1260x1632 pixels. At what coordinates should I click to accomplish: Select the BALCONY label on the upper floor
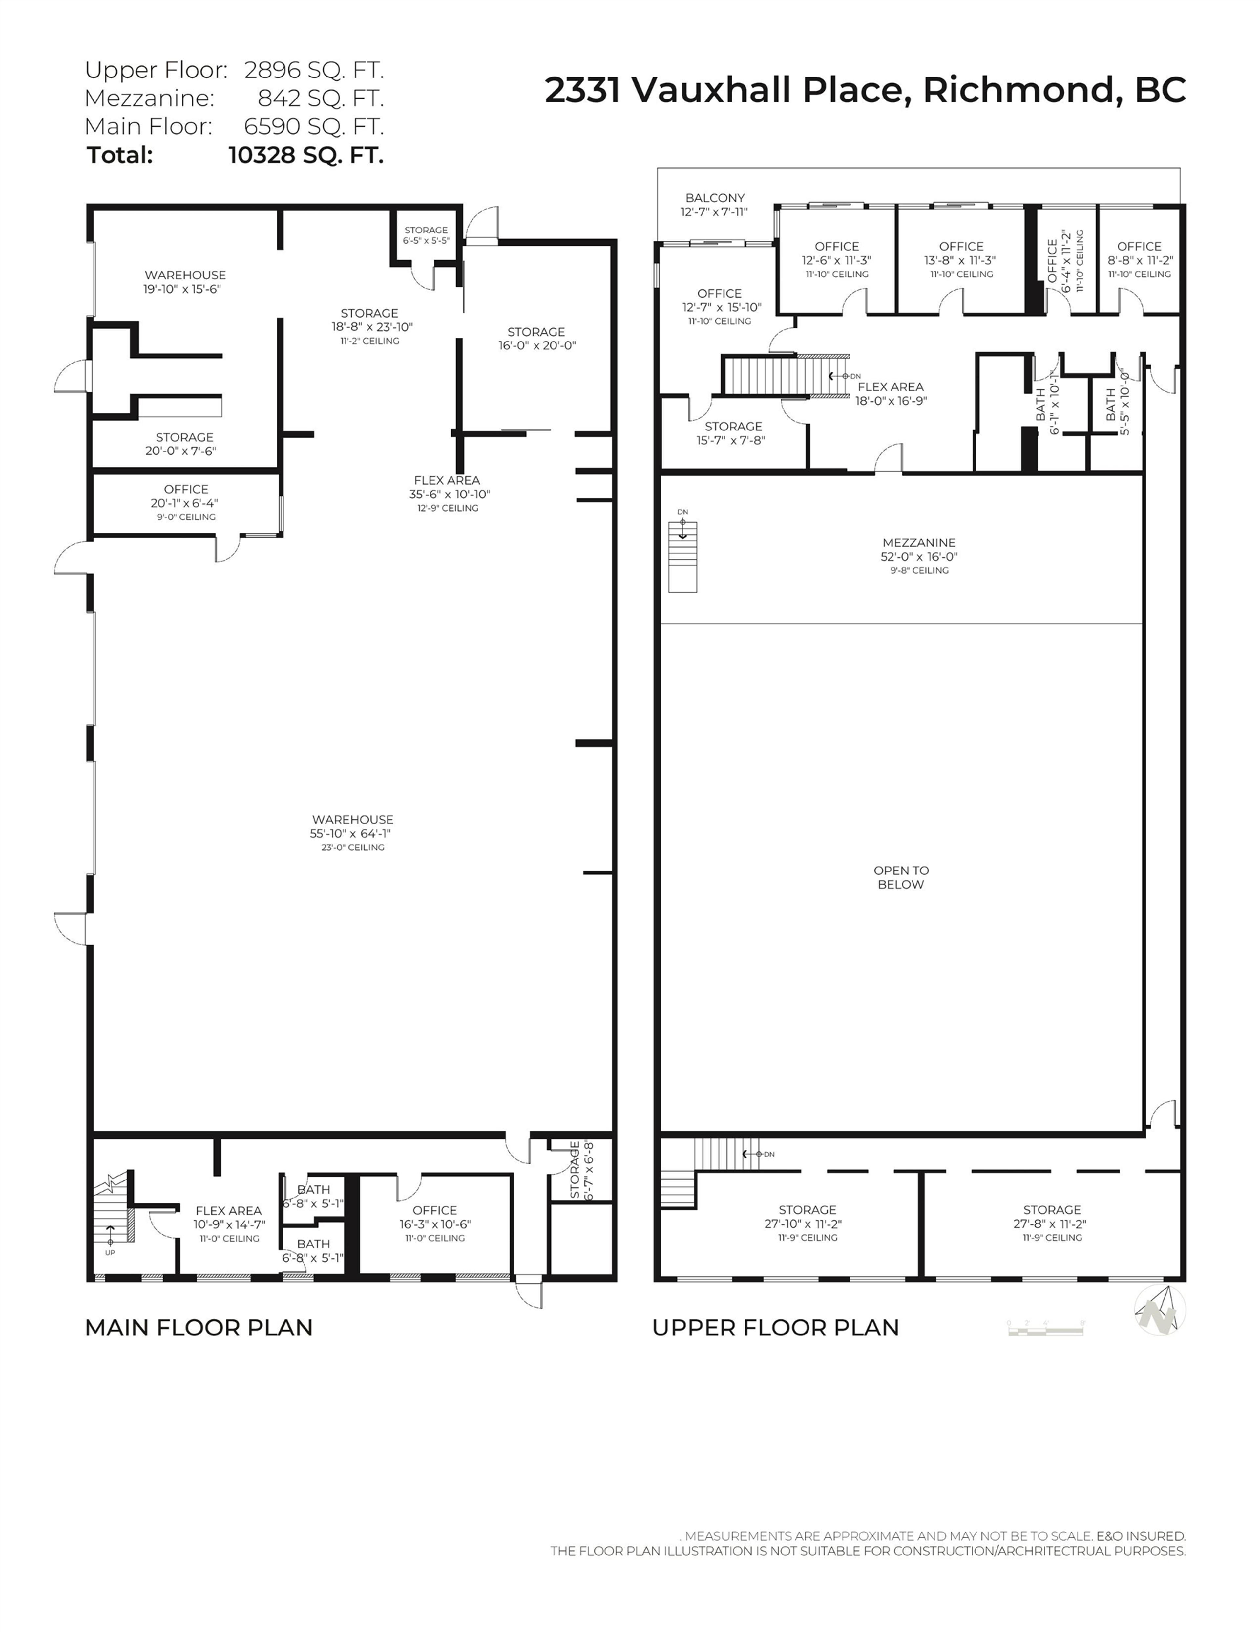[x=715, y=198]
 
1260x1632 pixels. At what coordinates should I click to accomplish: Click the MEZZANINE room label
[x=919, y=542]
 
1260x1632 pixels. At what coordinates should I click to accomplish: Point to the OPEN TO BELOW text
[x=901, y=877]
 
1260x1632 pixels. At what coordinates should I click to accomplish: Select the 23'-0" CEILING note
[x=352, y=848]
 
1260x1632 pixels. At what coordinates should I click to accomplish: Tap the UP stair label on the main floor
[x=110, y=1252]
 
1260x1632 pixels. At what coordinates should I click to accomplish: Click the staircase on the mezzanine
[x=682, y=557]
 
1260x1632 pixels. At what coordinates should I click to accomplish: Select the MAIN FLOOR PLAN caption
[x=199, y=1328]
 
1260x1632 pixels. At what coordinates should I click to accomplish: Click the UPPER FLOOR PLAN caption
[x=775, y=1328]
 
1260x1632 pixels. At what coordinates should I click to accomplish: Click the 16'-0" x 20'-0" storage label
[x=537, y=345]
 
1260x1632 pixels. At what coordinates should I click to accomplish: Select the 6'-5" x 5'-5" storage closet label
[x=426, y=241]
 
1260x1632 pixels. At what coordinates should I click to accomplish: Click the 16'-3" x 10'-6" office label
[x=435, y=1224]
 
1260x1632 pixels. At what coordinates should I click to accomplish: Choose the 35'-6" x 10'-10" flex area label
[x=449, y=494]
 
